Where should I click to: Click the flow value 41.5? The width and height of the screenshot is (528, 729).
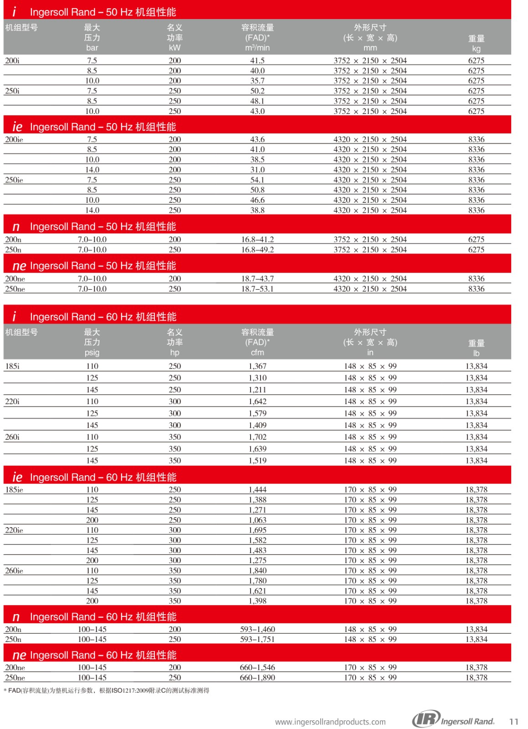(x=257, y=61)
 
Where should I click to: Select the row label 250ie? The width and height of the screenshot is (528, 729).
(x=14, y=180)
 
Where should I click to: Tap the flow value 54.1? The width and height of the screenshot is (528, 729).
(x=257, y=180)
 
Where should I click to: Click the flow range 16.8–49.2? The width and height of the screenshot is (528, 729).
(x=257, y=250)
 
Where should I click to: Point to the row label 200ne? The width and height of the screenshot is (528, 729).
(x=15, y=279)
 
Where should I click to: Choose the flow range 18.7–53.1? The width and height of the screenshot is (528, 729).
(x=257, y=289)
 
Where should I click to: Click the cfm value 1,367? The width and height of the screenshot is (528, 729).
(x=257, y=366)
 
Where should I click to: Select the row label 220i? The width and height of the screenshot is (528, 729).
(x=12, y=401)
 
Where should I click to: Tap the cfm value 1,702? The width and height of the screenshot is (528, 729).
(x=257, y=437)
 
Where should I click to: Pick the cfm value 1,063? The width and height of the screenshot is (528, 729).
(x=257, y=520)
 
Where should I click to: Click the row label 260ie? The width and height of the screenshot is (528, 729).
(x=14, y=571)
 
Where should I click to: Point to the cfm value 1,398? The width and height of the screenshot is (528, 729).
(x=257, y=601)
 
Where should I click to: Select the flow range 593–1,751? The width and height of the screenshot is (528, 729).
(x=257, y=639)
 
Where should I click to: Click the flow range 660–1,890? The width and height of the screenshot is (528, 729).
(x=257, y=678)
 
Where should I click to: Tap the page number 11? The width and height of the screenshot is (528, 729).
(x=514, y=722)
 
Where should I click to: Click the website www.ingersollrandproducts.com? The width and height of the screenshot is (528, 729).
(x=330, y=722)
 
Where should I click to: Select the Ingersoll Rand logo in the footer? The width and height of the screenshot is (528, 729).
(x=454, y=720)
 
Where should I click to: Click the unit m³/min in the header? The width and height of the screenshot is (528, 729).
(x=257, y=48)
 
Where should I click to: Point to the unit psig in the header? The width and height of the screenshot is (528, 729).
(x=92, y=353)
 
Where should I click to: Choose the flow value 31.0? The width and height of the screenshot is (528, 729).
(x=257, y=170)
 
